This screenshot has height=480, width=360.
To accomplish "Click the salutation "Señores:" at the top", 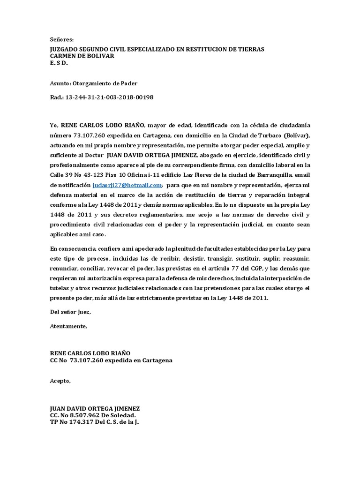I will (x=62, y=40).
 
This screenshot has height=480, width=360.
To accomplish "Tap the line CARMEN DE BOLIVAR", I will (x=82, y=56).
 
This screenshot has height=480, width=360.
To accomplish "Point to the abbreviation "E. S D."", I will (x=59, y=62).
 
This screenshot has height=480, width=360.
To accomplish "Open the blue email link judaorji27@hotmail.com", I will (x=127, y=186).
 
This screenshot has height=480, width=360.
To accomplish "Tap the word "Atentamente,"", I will (x=68, y=326).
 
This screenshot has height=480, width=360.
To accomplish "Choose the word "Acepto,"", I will (x=60, y=381).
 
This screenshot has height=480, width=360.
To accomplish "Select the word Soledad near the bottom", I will (x=124, y=415).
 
